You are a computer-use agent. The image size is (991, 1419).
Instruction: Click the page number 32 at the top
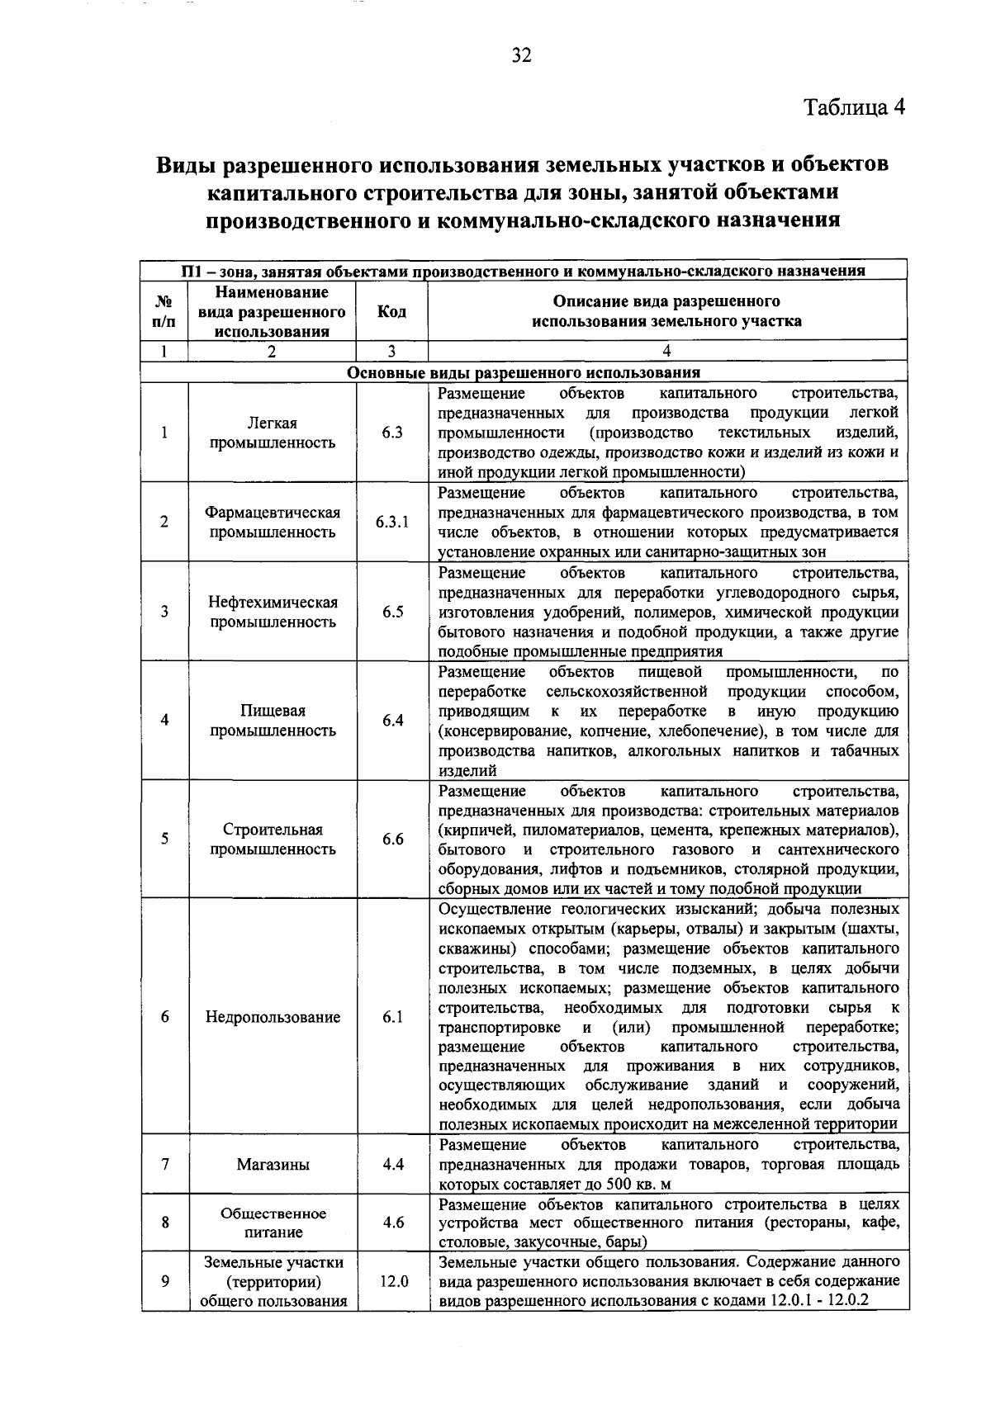[521, 55]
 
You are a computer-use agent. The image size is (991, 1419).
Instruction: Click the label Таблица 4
[855, 108]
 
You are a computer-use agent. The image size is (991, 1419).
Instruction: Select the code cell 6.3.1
[392, 523]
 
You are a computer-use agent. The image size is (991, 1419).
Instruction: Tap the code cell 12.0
[392, 1282]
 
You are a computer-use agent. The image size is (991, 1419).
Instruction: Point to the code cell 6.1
[392, 1017]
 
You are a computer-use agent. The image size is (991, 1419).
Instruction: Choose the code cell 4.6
[392, 1223]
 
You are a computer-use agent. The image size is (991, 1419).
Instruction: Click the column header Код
[391, 312]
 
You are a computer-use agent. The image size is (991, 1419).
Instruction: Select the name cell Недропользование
[273, 1017]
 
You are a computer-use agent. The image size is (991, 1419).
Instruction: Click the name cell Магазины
[273, 1165]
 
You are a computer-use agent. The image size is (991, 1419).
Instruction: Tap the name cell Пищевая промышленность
[273, 721]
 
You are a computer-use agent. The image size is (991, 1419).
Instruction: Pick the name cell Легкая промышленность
[273, 433]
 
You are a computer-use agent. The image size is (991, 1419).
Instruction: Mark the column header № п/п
[164, 312]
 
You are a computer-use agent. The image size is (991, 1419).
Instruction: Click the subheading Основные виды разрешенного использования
[524, 373]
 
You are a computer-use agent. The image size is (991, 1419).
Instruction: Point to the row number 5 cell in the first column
[164, 839]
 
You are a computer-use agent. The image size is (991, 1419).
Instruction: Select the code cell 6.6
[392, 839]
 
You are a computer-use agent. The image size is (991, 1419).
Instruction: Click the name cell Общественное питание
[273, 1223]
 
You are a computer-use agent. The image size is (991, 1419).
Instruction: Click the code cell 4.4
[392, 1165]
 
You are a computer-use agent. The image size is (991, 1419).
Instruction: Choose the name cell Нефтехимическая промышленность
[273, 612]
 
